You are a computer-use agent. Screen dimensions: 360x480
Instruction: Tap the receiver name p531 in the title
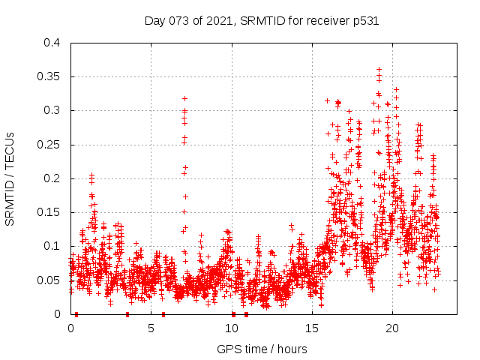(364, 21)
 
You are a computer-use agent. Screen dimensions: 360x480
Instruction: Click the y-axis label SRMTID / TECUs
(10, 178)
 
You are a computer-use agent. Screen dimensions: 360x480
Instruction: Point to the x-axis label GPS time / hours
(262, 349)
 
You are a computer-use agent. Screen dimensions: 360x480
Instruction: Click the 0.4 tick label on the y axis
(52, 43)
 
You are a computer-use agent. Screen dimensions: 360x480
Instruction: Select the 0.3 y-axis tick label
(52, 110)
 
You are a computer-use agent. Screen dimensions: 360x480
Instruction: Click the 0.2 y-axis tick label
(52, 178)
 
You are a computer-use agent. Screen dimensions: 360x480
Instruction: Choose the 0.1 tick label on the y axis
(52, 246)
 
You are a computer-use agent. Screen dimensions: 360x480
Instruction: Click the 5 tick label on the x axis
(151, 328)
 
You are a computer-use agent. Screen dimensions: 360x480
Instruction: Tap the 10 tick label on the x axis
(232, 328)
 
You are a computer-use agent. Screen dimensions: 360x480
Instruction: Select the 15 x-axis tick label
(312, 328)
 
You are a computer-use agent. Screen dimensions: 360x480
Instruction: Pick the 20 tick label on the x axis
(392, 328)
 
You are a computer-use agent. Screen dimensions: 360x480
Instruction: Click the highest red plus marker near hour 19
(379, 70)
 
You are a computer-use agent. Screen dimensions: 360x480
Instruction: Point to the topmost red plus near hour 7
(184, 98)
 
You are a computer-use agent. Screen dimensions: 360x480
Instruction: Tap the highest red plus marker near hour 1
(91, 175)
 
